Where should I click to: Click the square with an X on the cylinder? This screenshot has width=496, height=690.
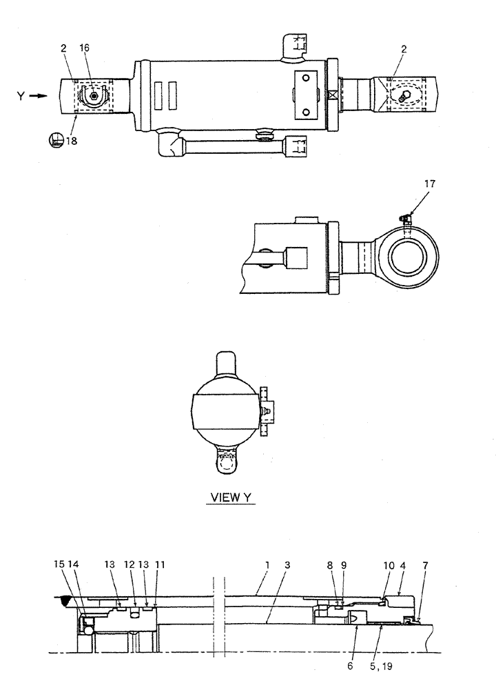coord(334,97)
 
